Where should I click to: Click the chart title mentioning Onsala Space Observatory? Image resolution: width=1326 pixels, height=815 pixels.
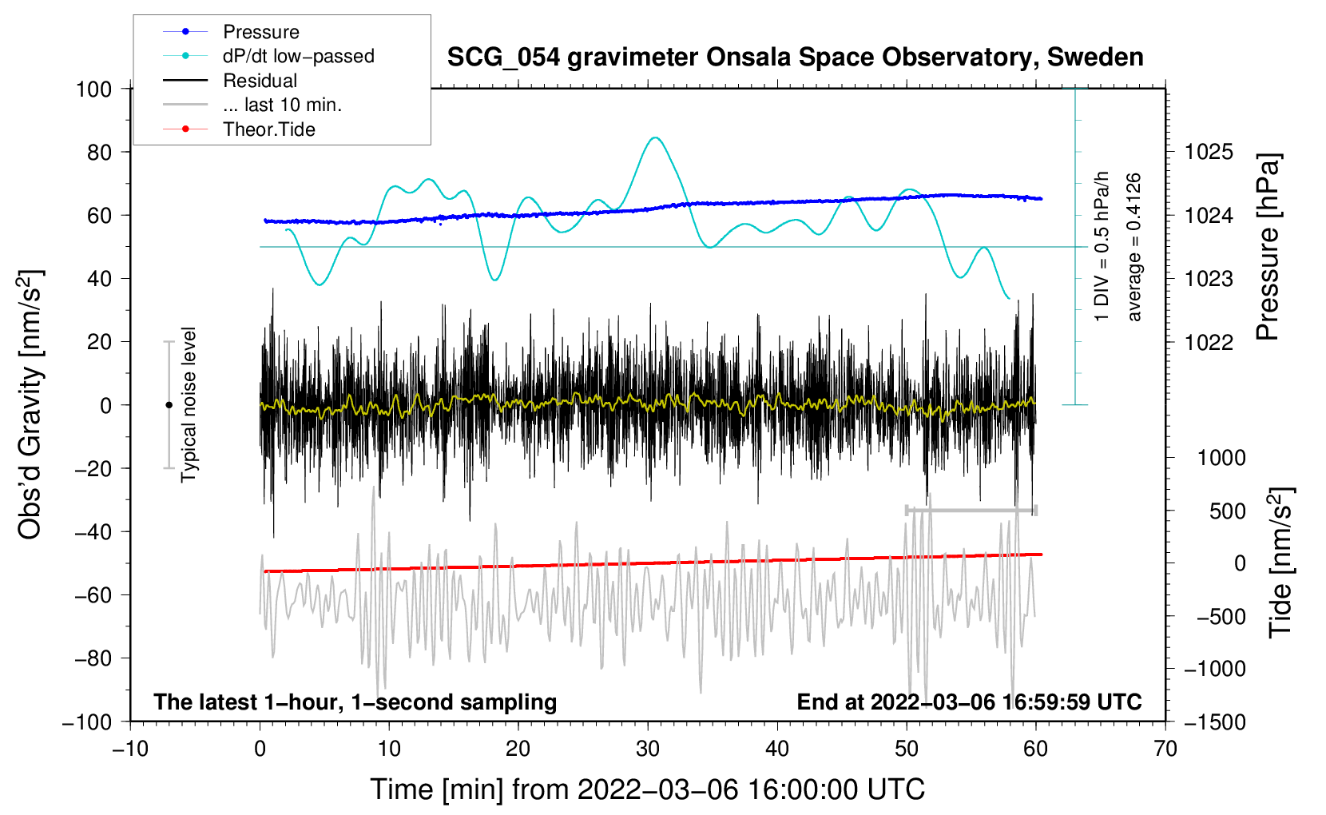coord(795,58)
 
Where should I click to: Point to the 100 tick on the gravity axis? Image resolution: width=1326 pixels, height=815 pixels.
coord(93,89)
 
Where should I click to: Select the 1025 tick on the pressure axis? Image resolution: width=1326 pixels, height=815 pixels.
coord(1209,152)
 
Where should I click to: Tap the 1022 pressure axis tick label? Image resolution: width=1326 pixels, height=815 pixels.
coord(1209,342)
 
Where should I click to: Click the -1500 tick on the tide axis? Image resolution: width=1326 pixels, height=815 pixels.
coord(1214,722)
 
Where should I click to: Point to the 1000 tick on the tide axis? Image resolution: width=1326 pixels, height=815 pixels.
coord(1221,458)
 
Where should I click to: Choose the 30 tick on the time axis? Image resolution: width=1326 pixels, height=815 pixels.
coord(648,749)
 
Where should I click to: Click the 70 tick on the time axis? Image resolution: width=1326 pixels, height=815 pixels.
coord(1165,749)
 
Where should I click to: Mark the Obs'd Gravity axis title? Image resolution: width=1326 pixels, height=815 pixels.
coord(30,405)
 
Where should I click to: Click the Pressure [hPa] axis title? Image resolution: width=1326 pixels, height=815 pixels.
coord(1268,248)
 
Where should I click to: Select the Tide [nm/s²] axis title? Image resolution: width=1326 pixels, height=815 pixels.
coord(1280,563)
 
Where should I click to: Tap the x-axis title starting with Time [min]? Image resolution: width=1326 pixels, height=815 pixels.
coord(647,789)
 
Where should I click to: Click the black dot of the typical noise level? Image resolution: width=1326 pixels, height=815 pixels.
coord(169,405)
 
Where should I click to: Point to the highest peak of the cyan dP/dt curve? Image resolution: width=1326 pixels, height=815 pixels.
coord(655,137)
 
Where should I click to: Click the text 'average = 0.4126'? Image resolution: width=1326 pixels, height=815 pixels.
coord(1134,248)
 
